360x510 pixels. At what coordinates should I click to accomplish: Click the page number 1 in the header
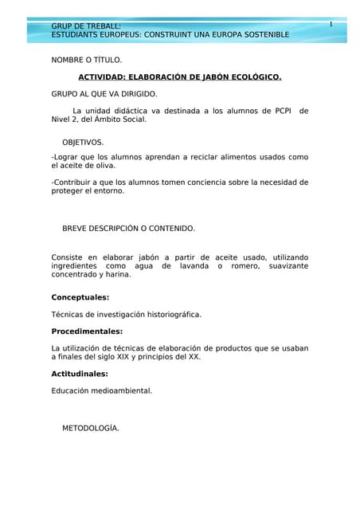(331, 25)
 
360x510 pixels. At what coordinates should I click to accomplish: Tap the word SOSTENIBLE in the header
(262, 35)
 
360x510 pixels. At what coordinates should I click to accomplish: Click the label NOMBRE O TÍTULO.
(87, 60)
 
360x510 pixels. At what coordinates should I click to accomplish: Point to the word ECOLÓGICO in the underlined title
(252, 77)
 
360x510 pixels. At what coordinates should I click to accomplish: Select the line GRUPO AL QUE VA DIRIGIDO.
(104, 94)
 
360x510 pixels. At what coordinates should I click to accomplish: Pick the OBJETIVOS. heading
(83, 142)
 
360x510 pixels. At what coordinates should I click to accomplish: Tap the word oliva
(104, 166)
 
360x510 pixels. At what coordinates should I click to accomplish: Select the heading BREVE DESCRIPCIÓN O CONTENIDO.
(128, 228)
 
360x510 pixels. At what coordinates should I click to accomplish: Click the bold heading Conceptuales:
(80, 297)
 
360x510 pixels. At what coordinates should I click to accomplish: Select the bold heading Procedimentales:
(87, 331)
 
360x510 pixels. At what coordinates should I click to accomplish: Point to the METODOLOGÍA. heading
(91, 428)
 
